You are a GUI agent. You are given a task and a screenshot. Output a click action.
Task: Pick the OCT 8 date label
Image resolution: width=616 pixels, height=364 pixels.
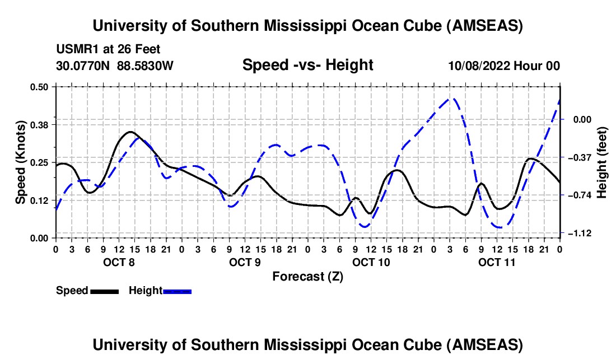click(118, 262)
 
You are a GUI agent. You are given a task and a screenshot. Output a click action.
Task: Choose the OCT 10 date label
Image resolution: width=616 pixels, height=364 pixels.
click(371, 262)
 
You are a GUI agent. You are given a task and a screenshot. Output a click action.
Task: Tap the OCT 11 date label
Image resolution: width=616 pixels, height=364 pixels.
click(497, 262)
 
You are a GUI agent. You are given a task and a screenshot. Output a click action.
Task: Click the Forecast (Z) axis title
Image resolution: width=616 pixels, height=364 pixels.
click(307, 276)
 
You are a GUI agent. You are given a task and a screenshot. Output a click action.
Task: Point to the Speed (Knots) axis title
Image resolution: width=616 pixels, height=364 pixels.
click(21, 162)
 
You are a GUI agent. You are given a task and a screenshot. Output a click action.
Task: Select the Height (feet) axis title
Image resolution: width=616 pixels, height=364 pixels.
click(602, 162)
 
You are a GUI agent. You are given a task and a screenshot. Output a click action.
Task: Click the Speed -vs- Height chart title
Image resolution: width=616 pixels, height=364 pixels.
click(307, 65)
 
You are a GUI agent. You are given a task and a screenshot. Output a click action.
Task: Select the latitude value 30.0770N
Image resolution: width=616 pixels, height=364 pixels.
click(83, 66)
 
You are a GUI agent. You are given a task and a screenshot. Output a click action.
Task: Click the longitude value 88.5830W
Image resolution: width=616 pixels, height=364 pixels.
click(145, 66)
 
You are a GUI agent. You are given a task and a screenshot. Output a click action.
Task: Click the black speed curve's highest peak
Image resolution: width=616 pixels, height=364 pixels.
click(130, 132)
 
